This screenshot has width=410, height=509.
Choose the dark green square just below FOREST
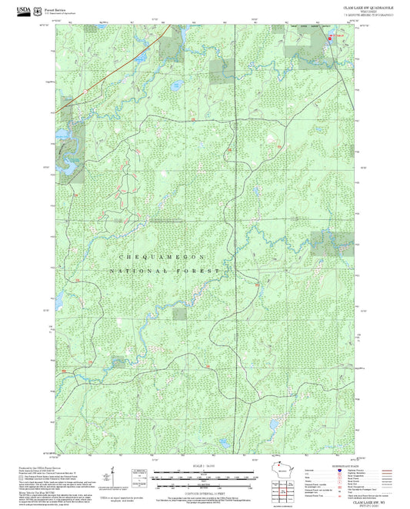point(179,313)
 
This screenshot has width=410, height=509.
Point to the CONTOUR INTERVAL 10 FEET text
point(182,490)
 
